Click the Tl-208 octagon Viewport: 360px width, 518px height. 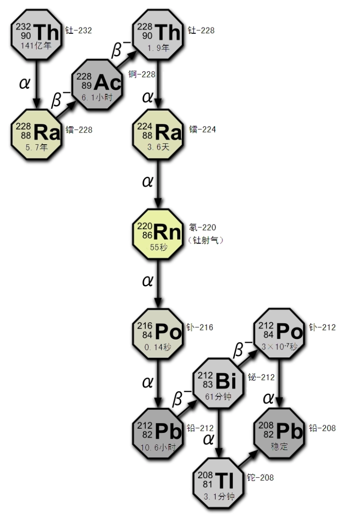click(x=219, y=483)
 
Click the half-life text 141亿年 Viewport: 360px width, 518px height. click(x=36, y=46)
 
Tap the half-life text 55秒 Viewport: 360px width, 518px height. click(x=158, y=247)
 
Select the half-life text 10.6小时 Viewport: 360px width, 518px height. click(x=158, y=447)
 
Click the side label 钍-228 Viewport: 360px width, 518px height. click(x=201, y=30)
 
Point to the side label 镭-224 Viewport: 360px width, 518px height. click(x=202, y=130)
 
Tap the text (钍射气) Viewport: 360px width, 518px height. click(x=205, y=240)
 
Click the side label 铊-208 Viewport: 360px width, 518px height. click(x=260, y=478)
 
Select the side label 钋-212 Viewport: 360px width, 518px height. click(x=322, y=327)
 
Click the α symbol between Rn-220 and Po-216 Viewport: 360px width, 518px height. click(x=147, y=281)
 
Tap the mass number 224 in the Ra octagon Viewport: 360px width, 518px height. click(x=145, y=127)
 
